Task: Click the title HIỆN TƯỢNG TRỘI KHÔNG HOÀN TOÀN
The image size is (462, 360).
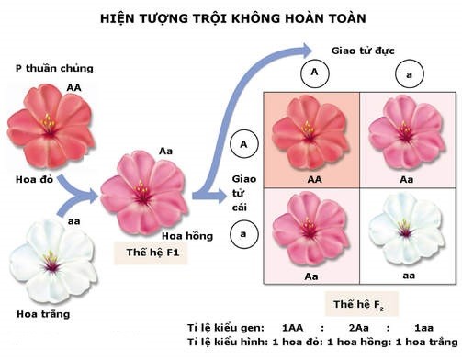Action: coord(231,17)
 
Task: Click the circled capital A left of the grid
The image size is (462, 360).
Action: coord(242,143)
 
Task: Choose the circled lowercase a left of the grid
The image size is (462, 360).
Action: coord(242,234)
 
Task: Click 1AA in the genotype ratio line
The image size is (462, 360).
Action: coord(293,327)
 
